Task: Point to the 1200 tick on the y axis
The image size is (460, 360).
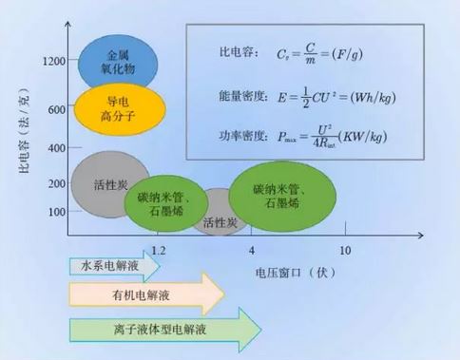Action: (x=53, y=62)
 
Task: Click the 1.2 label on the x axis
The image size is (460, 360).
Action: (x=158, y=251)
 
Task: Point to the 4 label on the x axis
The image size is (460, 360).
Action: (x=252, y=251)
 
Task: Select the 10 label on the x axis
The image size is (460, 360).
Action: (x=345, y=251)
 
